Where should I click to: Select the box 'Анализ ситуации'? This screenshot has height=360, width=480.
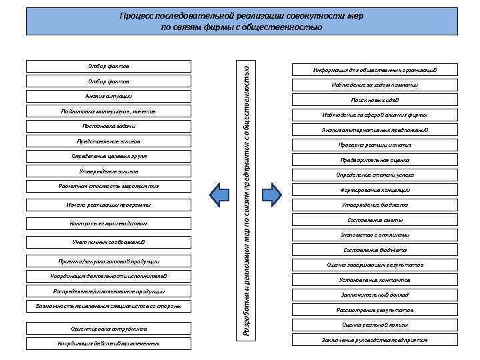click(109, 96)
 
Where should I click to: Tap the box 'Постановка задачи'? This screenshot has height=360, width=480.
click(109, 126)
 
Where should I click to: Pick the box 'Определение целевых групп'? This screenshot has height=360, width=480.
click(109, 156)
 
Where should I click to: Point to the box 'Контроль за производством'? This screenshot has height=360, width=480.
click(109, 223)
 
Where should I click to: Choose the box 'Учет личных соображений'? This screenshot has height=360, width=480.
click(109, 241)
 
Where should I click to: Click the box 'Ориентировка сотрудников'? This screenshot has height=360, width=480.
click(109, 329)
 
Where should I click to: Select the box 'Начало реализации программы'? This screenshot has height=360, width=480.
click(109, 204)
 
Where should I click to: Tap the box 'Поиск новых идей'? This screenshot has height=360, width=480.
click(375, 100)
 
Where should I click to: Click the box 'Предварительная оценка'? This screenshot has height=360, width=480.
click(375, 160)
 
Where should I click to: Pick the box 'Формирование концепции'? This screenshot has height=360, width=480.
click(375, 190)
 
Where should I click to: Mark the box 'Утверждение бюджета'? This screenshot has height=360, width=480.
click(375, 205)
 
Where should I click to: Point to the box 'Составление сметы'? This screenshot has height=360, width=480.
click(375, 220)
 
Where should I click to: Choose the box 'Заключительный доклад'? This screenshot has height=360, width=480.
click(375, 295)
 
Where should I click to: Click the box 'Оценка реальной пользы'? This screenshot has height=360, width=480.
click(375, 325)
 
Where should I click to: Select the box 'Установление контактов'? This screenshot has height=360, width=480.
click(375, 280)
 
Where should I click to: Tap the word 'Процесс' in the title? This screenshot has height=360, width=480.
click(135, 15)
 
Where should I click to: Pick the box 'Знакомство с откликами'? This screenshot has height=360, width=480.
click(375, 235)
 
